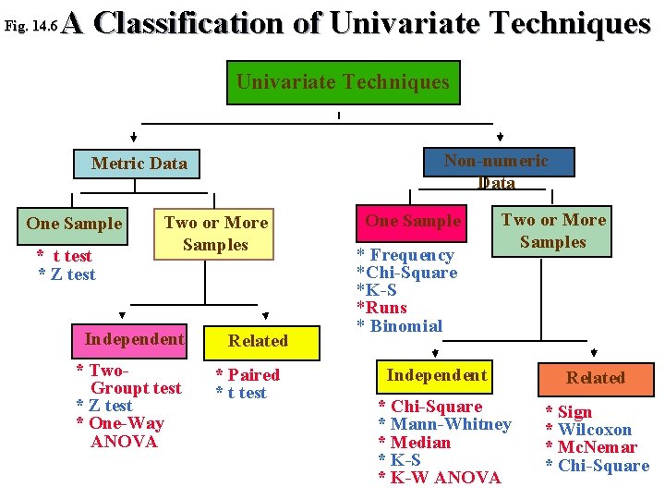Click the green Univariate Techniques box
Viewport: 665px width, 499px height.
point(343,82)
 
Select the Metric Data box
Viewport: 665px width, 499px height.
point(139,164)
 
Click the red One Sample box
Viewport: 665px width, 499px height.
point(413,221)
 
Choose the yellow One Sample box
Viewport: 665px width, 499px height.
point(74,223)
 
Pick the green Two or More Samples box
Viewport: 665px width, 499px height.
point(552,231)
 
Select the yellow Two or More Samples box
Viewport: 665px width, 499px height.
point(215,234)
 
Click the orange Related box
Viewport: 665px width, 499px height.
point(595,377)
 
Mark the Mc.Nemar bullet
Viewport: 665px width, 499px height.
point(598,447)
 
